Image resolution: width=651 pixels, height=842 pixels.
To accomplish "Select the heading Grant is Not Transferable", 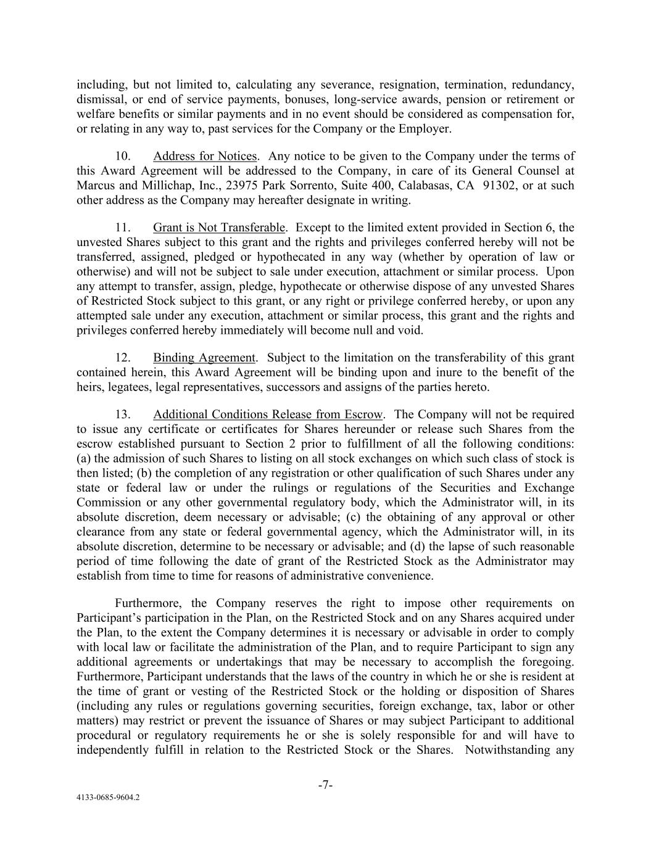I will (219, 228).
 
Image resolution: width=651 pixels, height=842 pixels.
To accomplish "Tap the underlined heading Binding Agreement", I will (204, 358).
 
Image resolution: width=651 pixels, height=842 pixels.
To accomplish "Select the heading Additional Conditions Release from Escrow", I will (268, 415).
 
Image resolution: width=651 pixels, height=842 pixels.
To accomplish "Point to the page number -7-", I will (326, 785).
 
